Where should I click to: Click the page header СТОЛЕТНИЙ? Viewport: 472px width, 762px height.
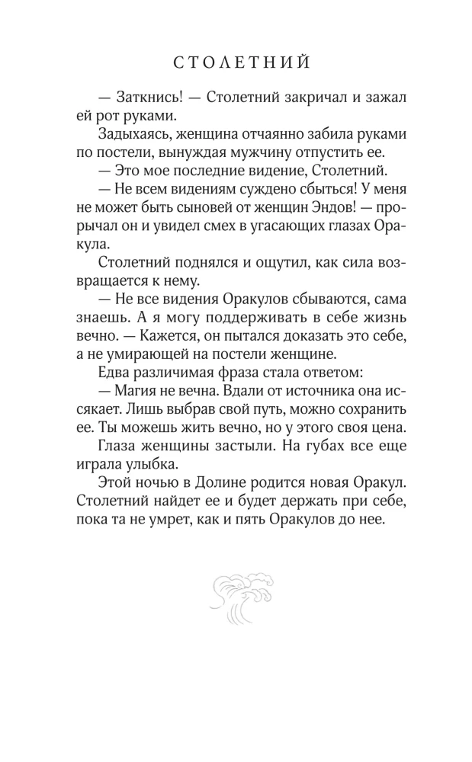coord(236,63)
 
